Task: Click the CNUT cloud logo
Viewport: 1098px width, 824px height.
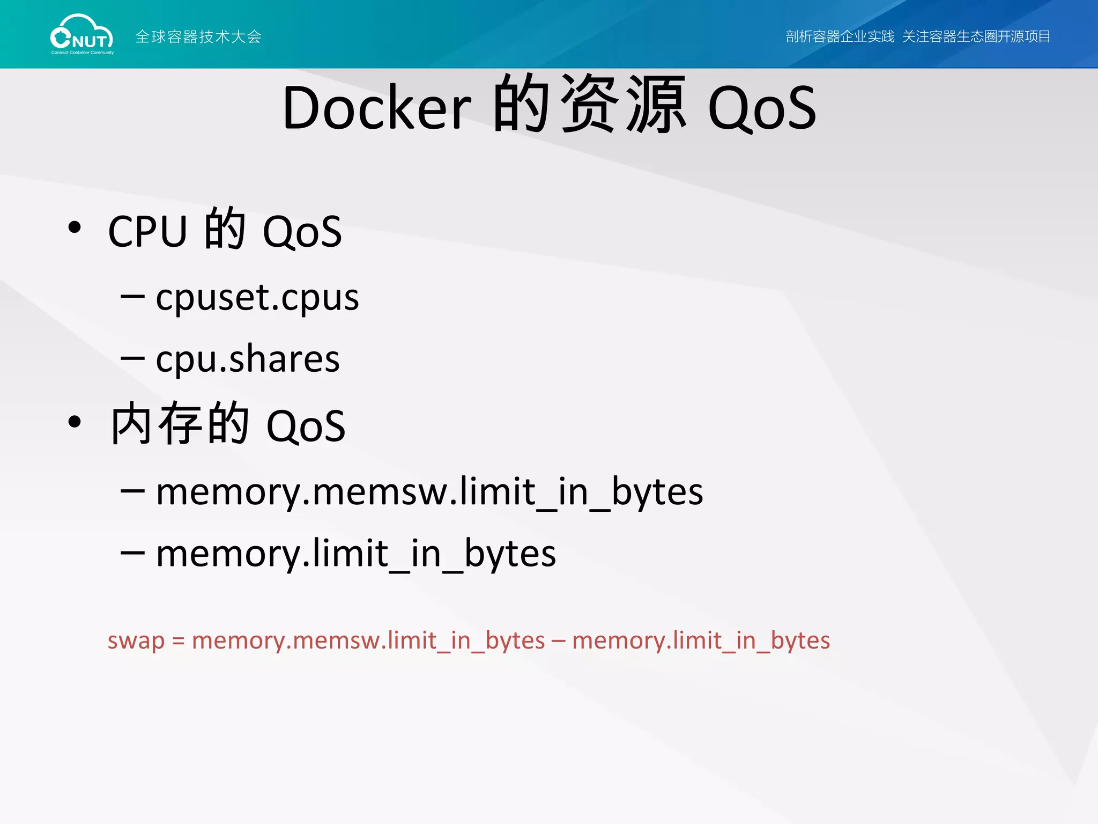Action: [81, 35]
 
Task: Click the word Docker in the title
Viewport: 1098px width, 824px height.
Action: [376, 108]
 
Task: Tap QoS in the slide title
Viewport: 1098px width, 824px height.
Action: [762, 108]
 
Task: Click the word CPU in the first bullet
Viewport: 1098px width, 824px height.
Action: [147, 231]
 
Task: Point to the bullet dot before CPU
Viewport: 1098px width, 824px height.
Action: [75, 227]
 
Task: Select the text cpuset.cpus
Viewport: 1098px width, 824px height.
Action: [257, 298]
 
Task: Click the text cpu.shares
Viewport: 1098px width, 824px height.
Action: [248, 359]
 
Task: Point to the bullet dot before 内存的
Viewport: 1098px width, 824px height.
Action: [75, 422]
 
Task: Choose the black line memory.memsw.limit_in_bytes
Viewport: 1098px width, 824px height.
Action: [429, 492]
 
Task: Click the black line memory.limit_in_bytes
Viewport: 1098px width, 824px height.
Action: [356, 554]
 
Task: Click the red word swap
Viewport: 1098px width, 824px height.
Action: [136, 641]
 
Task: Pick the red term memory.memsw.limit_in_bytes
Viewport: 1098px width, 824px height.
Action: [368, 641]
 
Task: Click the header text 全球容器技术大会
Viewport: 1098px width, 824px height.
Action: [198, 36]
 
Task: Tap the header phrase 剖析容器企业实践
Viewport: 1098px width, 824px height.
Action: [840, 36]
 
